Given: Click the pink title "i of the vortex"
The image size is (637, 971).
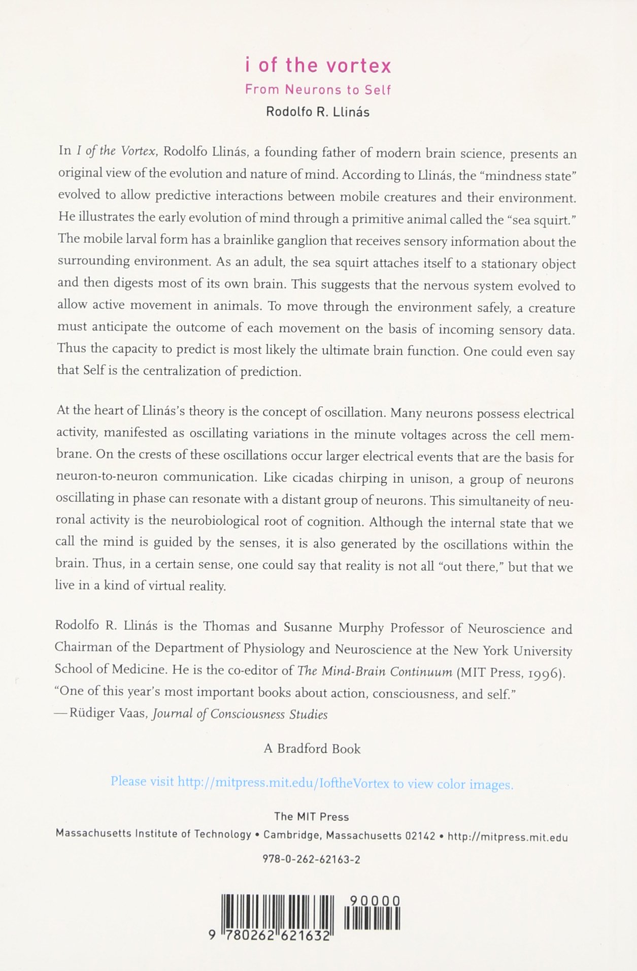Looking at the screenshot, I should pyautogui.click(x=318, y=66).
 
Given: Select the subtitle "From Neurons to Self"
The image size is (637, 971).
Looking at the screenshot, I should pyautogui.click(x=318, y=90).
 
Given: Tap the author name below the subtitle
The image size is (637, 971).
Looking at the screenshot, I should pyautogui.click(x=318, y=112).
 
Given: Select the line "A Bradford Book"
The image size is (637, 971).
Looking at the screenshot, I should pyautogui.click(x=312, y=749).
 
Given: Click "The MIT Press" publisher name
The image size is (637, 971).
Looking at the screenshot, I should pyautogui.click(x=312, y=817).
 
